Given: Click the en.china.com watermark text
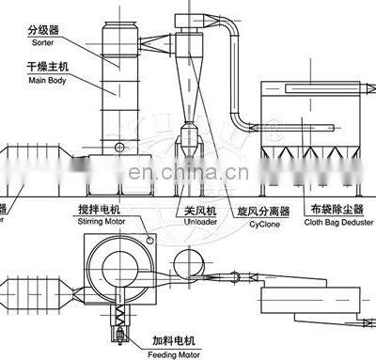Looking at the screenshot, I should coord(188,172).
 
